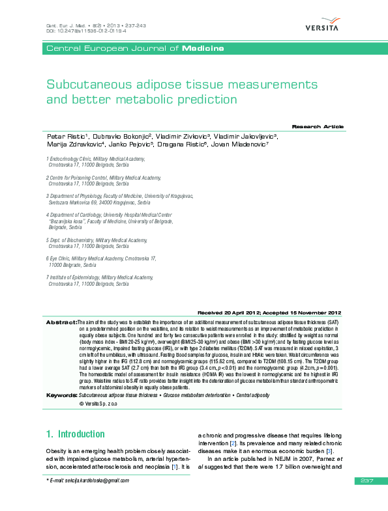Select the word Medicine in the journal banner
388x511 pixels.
coord(203,49)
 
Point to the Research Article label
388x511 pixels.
coord(317,126)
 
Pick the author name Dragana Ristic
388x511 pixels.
coord(178,145)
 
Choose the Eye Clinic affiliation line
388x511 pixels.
coord(102,259)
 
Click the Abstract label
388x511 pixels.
coord(61,322)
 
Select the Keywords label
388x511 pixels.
coord(61,396)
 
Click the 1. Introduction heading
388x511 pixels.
coord(75,434)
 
